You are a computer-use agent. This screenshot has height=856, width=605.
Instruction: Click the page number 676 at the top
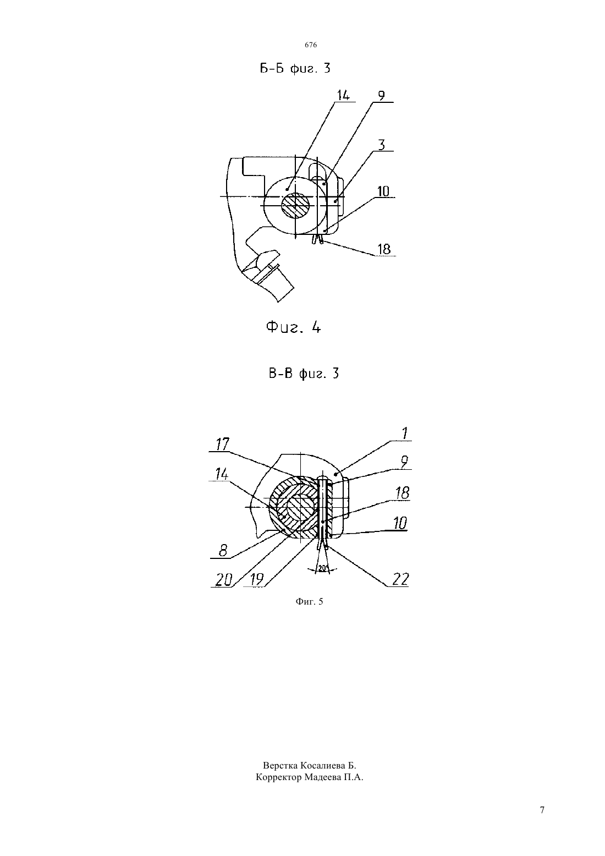coord(311,45)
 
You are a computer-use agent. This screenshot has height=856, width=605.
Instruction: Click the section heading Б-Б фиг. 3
coord(295,69)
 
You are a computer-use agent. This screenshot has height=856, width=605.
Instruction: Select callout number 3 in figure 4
coord(381,145)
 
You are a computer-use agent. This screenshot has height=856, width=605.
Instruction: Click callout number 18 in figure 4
coord(384,249)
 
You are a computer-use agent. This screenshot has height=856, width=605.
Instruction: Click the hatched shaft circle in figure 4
coord(295,206)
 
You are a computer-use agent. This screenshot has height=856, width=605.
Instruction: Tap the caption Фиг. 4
coord(293,327)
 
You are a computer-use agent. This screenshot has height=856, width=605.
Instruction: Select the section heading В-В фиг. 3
coord(304,374)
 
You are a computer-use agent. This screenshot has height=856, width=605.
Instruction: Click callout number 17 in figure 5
coord(222,444)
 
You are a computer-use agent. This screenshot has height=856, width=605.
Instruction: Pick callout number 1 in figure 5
coord(404,434)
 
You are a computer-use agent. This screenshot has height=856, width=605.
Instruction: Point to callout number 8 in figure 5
coord(223,551)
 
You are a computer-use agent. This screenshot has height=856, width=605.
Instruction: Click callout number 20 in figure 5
coord(224,580)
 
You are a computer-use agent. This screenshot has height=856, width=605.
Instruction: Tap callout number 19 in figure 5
coord(256,580)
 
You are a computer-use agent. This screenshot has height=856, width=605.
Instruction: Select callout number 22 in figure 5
coord(400,580)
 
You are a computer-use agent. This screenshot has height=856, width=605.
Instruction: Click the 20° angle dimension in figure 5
coord(323,568)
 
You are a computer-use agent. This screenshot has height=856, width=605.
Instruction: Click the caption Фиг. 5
coord(309,602)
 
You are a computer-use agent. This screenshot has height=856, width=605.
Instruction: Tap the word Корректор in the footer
coord(279,778)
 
